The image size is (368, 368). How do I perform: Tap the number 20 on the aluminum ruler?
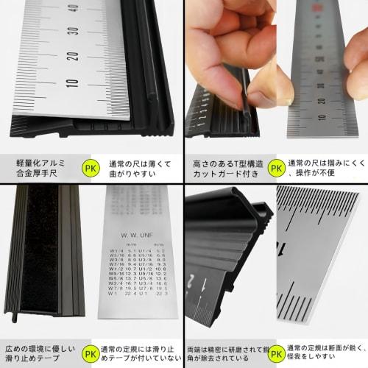tap(71, 57)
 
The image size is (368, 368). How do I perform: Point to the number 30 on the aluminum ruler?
tap(71, 34)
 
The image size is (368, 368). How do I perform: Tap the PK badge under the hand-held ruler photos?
tap(275, 167)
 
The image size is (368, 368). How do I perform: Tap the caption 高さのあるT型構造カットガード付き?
tap(227, 167)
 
